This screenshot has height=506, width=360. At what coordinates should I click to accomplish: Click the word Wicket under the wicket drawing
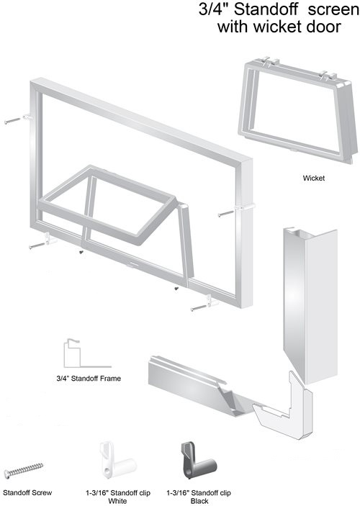(313, 178)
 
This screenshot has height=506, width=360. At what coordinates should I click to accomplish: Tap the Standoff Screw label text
(27, 493)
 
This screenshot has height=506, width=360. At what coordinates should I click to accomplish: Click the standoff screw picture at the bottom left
(24, 470)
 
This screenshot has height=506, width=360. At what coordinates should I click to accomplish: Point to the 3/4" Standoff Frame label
(89, 378)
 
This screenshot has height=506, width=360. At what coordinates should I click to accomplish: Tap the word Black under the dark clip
(199, 501)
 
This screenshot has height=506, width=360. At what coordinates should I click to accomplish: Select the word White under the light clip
(117, 501)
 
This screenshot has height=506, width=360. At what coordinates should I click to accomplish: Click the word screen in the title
(333, 9)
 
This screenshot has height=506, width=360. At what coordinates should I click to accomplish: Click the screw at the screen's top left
(12, 122)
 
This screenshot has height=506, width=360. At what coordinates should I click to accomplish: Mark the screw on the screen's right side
(226, 213)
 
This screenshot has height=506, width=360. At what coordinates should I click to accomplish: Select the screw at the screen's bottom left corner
(37, 246)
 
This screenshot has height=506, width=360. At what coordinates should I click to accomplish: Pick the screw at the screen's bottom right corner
(199, 309)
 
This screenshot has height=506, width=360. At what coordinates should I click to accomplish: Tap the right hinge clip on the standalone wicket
(327, 75)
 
